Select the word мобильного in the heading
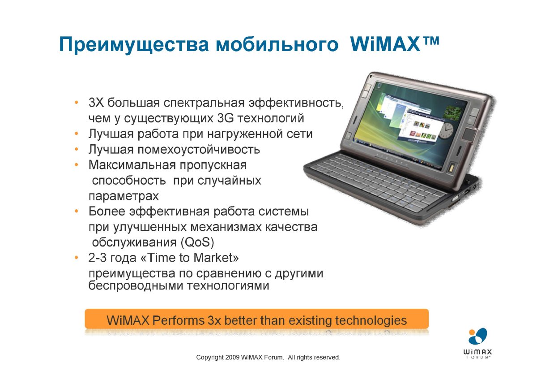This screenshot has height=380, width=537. (x=277, y=45)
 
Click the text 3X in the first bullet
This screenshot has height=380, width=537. (x=96, y=103)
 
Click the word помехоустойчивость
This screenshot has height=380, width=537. (x=199, y=150)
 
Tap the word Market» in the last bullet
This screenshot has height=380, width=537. (x=216, y=258)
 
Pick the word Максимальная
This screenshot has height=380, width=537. (x=132, y=165)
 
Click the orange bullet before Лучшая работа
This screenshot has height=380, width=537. (x=77, y=134)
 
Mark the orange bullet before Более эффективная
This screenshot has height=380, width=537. (x=77, y=211)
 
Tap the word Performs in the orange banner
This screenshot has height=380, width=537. (x=178, y=320)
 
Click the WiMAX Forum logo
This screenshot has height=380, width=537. (x=477, y=344)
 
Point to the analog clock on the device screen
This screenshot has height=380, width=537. (x=446, y=131)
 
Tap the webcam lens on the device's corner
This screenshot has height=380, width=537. (x=371, y=77)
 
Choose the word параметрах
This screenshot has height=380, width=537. (x=124, y=197)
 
